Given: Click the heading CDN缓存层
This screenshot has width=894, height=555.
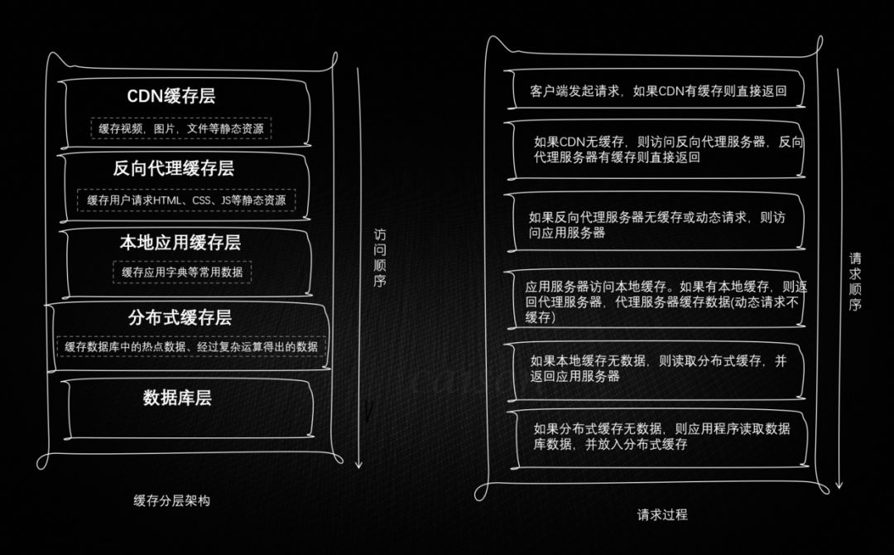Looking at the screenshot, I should (171, 96).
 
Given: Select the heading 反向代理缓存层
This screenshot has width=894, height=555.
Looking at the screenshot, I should (174, 169).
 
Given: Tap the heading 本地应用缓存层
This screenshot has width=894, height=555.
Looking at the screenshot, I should (180, 243).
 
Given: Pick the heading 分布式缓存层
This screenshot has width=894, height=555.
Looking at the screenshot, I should (180, 317).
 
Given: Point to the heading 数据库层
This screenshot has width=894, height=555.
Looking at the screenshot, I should (177, 398).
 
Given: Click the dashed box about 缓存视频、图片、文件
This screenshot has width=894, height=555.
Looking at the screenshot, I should (181, 129).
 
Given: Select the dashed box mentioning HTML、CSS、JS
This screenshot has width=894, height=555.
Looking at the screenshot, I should (186, 200).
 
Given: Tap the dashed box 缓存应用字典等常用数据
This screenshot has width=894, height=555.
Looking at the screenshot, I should (182, 272).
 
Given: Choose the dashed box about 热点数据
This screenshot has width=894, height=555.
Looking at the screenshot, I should (191, 347).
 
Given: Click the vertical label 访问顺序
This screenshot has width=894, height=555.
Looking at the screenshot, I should (380, 258).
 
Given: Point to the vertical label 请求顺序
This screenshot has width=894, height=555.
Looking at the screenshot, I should (856, 282).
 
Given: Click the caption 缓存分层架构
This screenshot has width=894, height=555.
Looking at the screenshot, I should (172, 501).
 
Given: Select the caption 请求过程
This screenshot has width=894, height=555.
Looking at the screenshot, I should (662, 514).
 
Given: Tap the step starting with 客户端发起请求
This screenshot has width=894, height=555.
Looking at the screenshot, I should (657, 91).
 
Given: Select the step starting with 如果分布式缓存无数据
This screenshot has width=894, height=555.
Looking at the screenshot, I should (661, 436).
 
